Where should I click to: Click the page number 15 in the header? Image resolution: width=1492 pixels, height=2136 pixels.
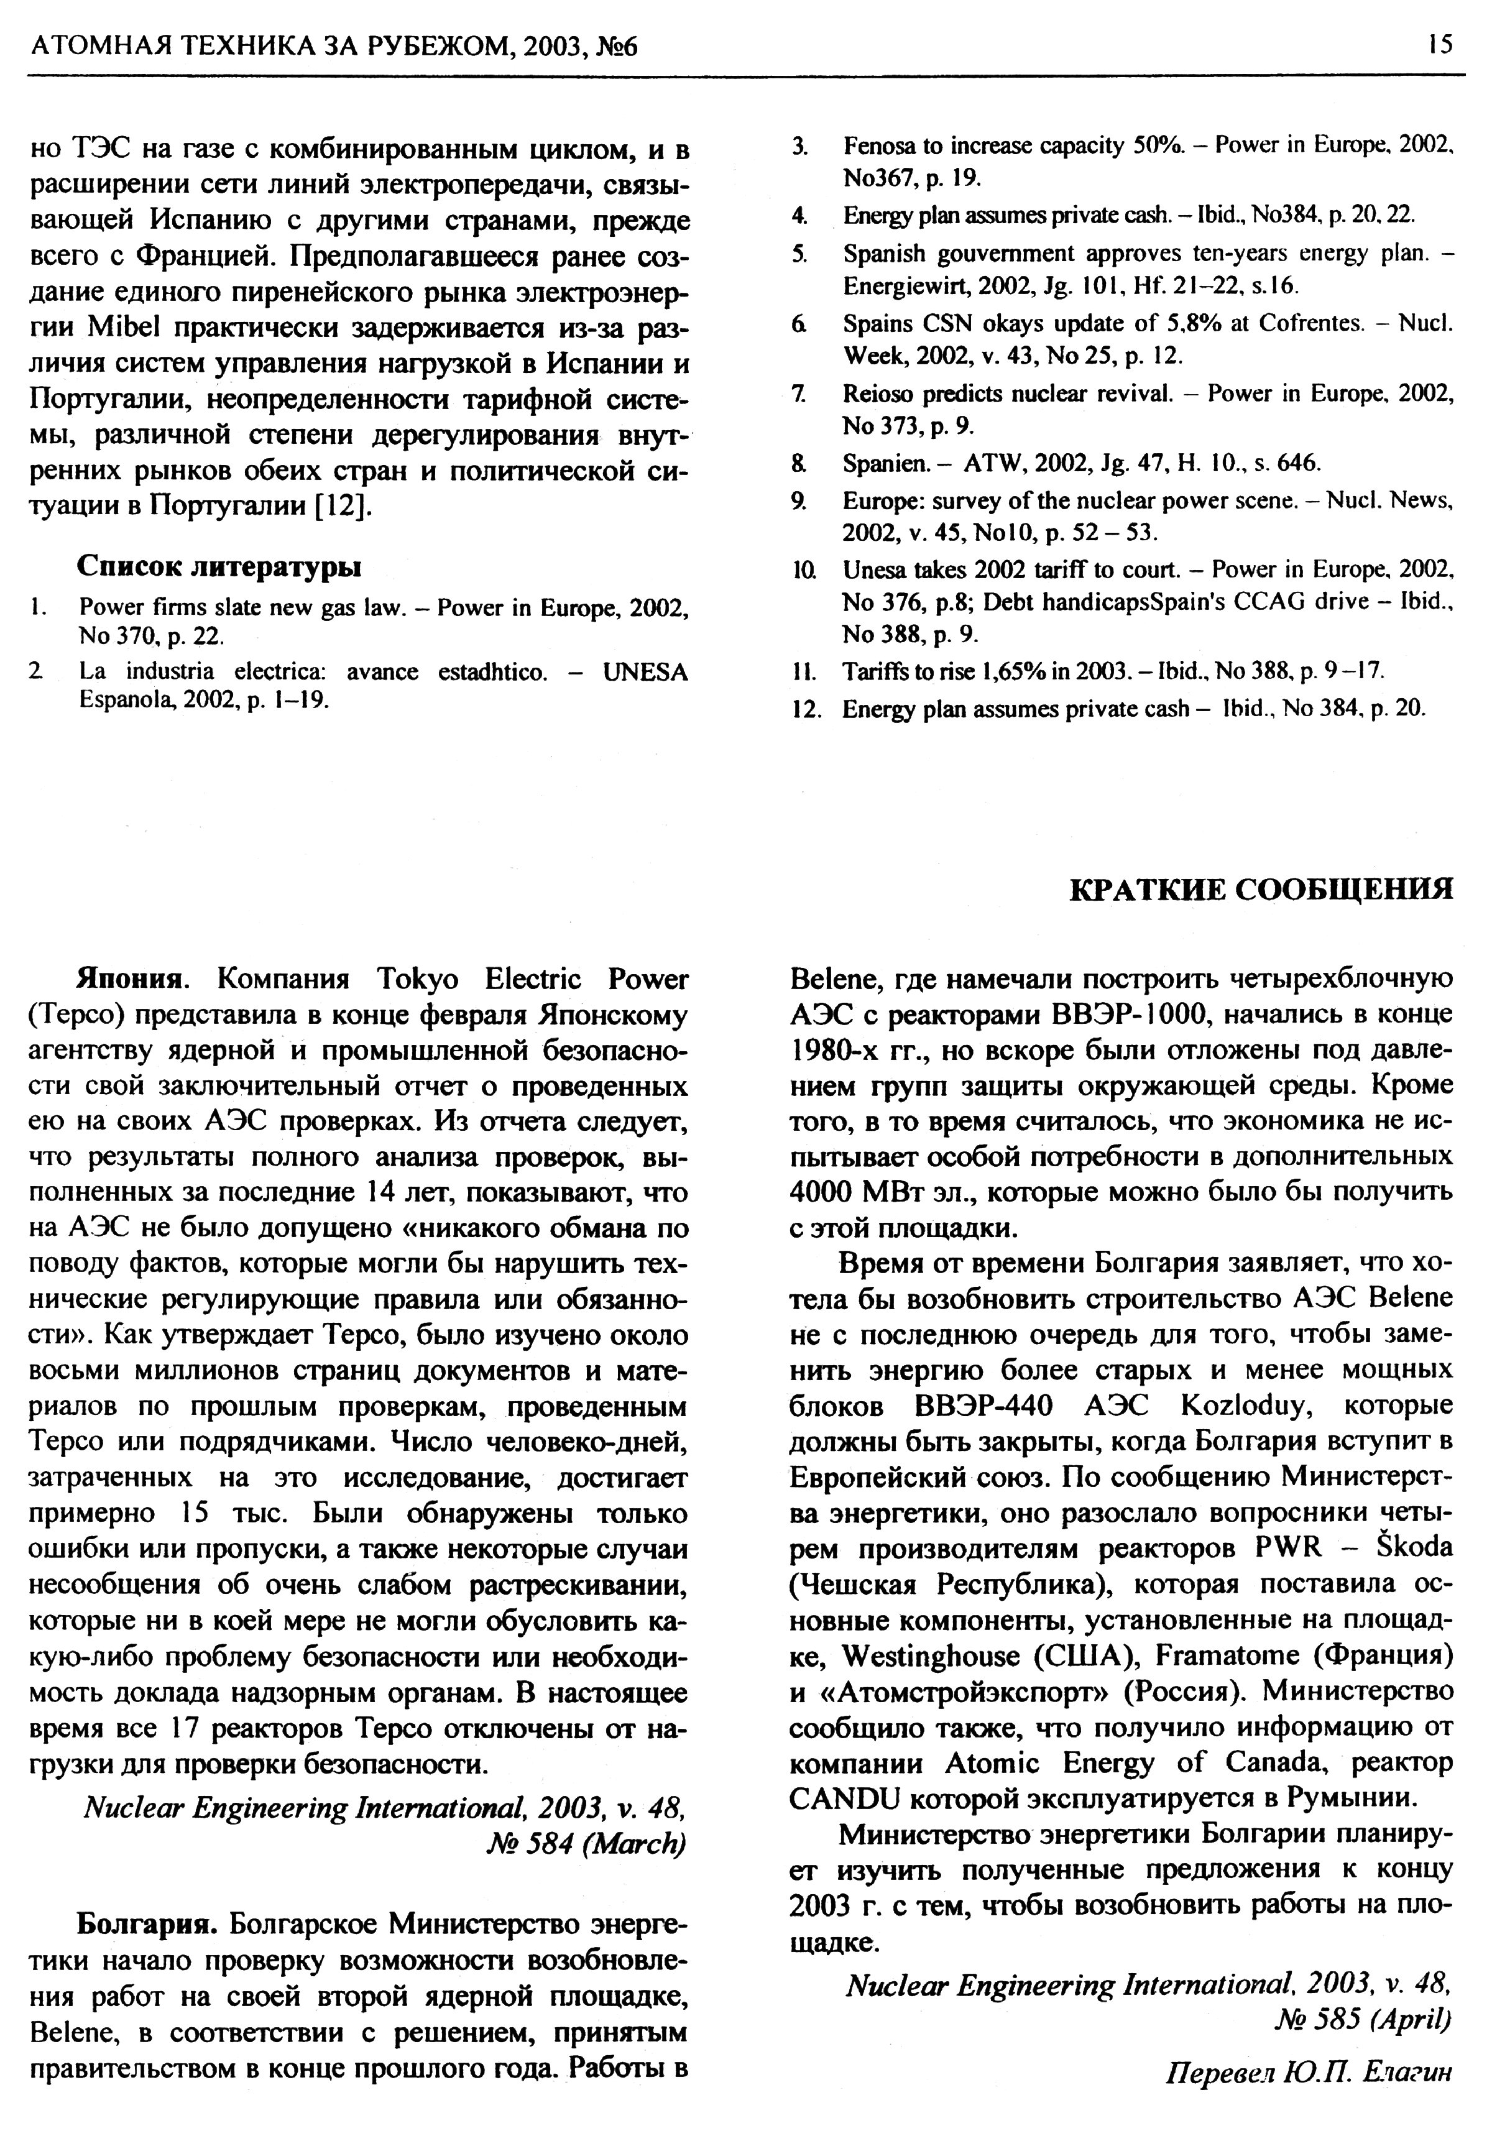(1439, 44)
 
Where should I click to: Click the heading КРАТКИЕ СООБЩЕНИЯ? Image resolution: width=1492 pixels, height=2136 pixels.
(1261, 888)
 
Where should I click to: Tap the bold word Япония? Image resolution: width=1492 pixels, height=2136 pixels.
(132, 980)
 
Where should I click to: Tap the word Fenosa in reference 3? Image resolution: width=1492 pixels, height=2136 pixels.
(873, 146)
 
